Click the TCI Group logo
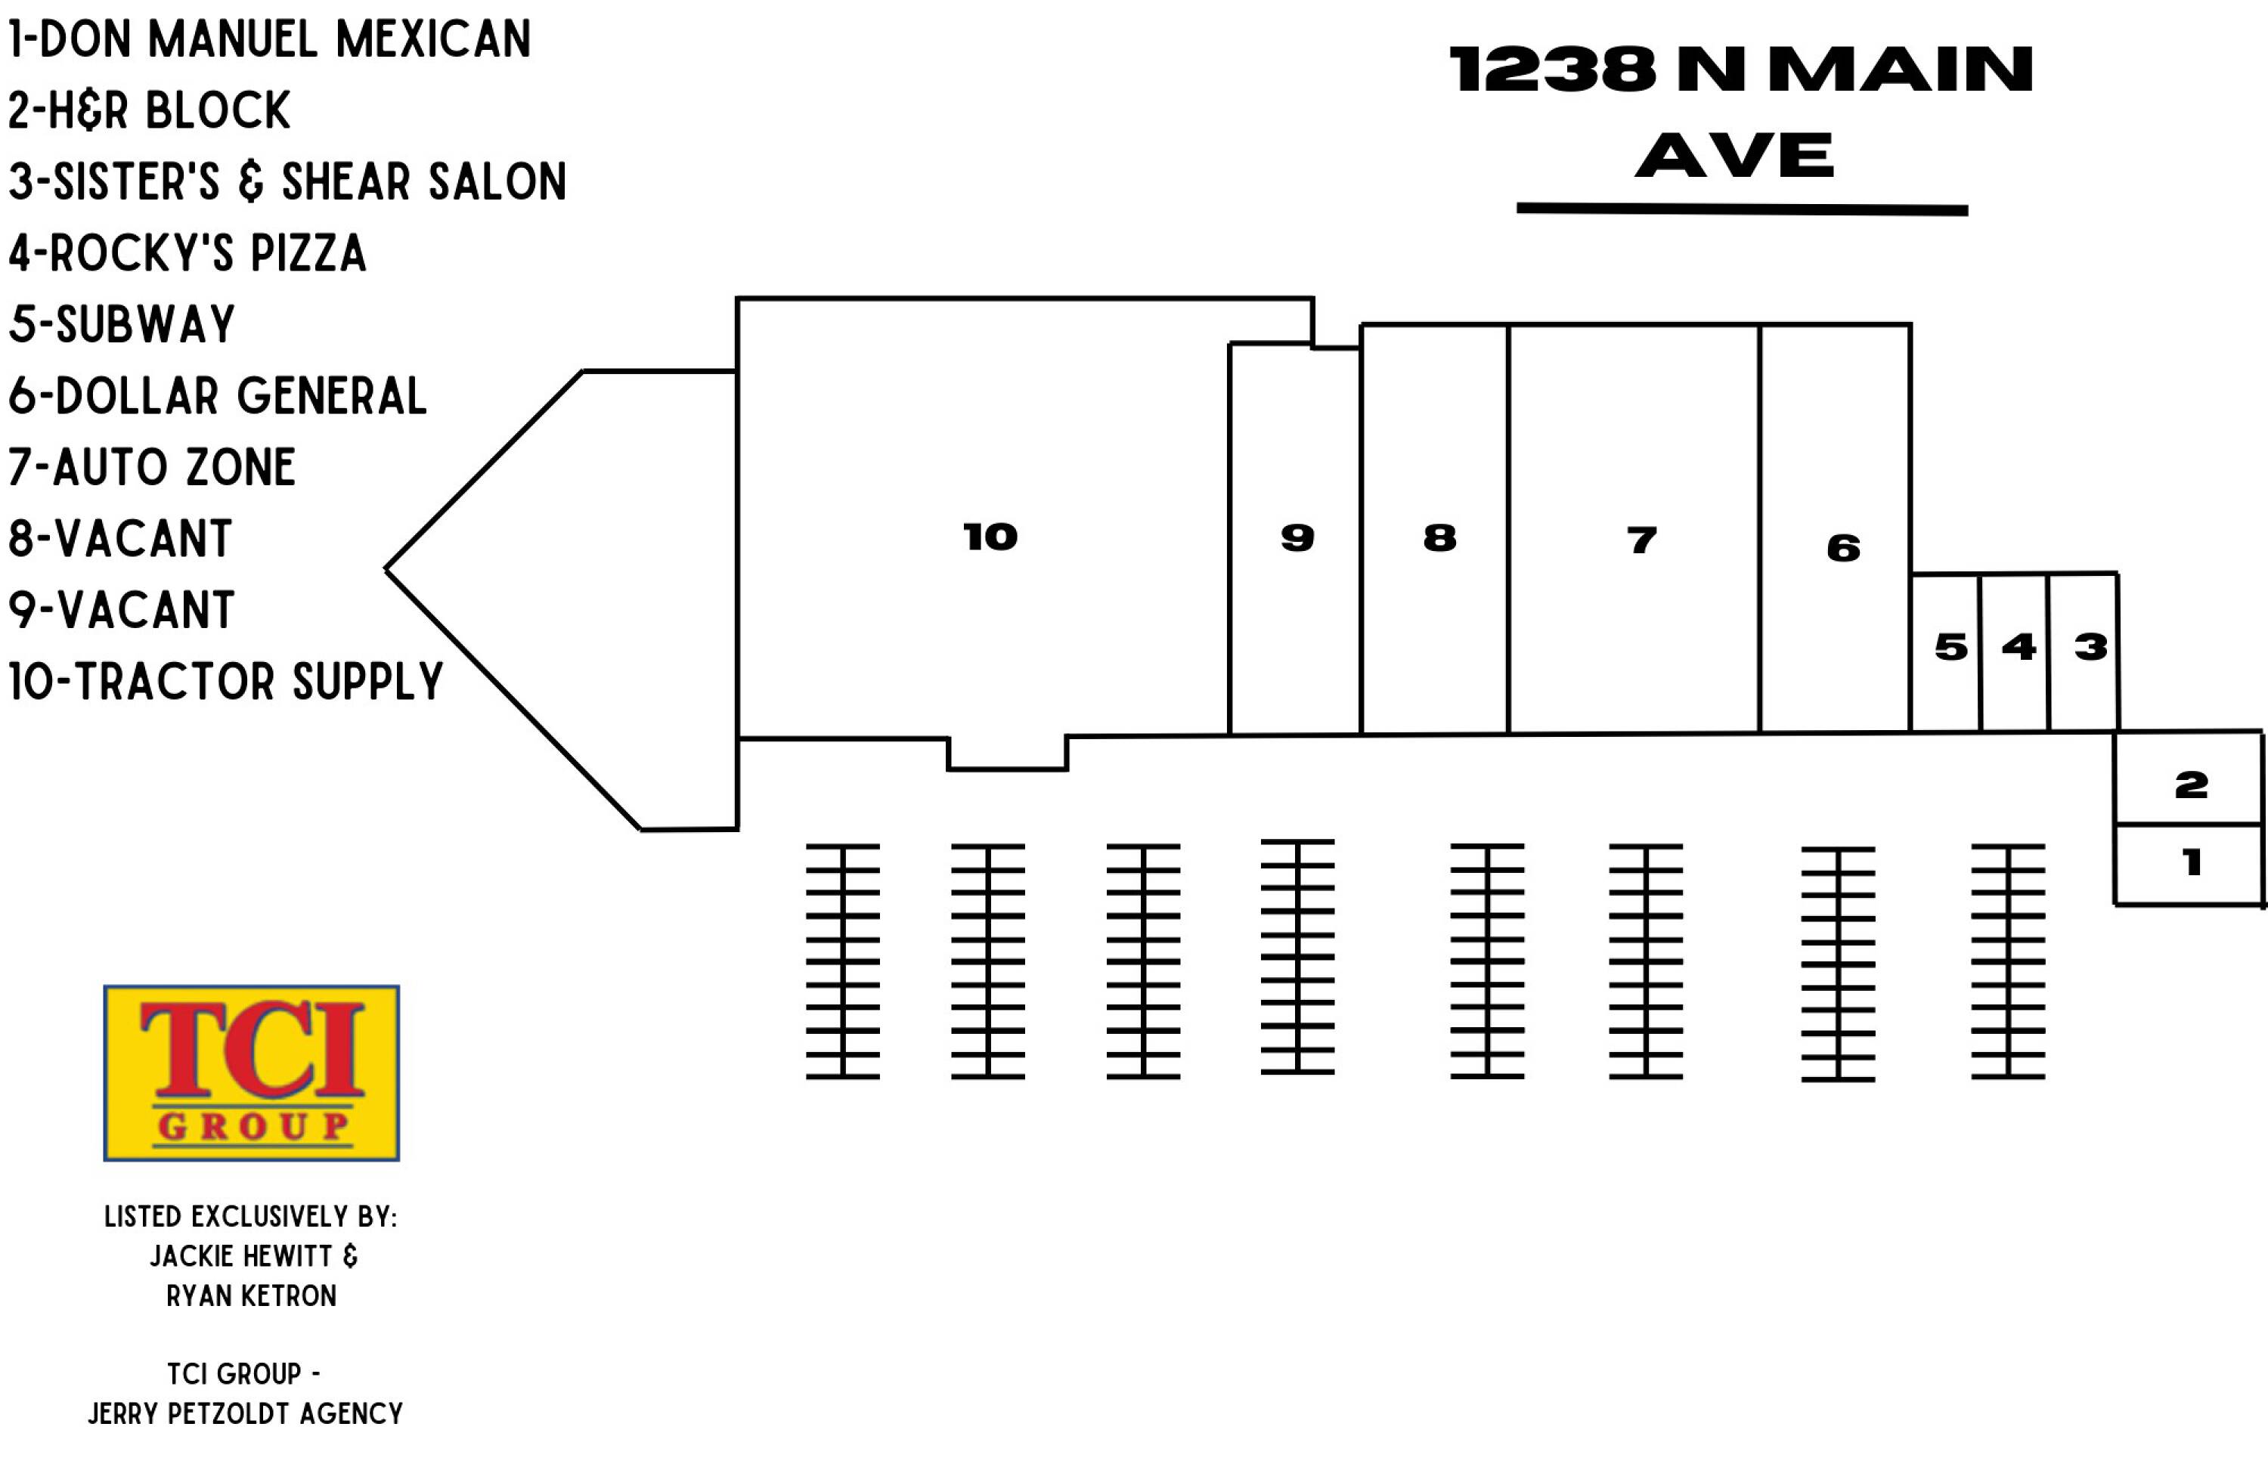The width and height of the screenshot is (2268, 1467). pos(252,1072)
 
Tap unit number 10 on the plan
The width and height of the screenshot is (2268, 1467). pos(990,537)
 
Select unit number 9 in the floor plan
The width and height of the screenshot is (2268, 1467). pos(1297,538)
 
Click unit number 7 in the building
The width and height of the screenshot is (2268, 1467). pos(1641,540)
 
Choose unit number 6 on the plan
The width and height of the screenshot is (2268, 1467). pos(1843,548)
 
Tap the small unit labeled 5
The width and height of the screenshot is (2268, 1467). pos(1950,648)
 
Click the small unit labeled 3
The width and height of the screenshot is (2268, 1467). pos(2090,648)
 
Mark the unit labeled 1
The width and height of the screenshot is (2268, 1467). pos(2191,863)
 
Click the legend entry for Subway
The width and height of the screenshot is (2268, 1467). pos(122,324)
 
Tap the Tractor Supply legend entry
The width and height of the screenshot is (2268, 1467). pos(226,681)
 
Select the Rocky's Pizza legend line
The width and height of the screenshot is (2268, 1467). pos(187,252)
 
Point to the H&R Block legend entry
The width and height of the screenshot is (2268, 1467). pos(149,110)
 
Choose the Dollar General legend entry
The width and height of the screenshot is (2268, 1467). pos(217,395)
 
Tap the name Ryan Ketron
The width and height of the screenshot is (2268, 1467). pos(252,1295)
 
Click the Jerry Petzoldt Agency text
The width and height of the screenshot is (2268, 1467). pos(246,1413)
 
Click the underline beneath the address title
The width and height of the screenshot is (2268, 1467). pos(1742,209)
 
